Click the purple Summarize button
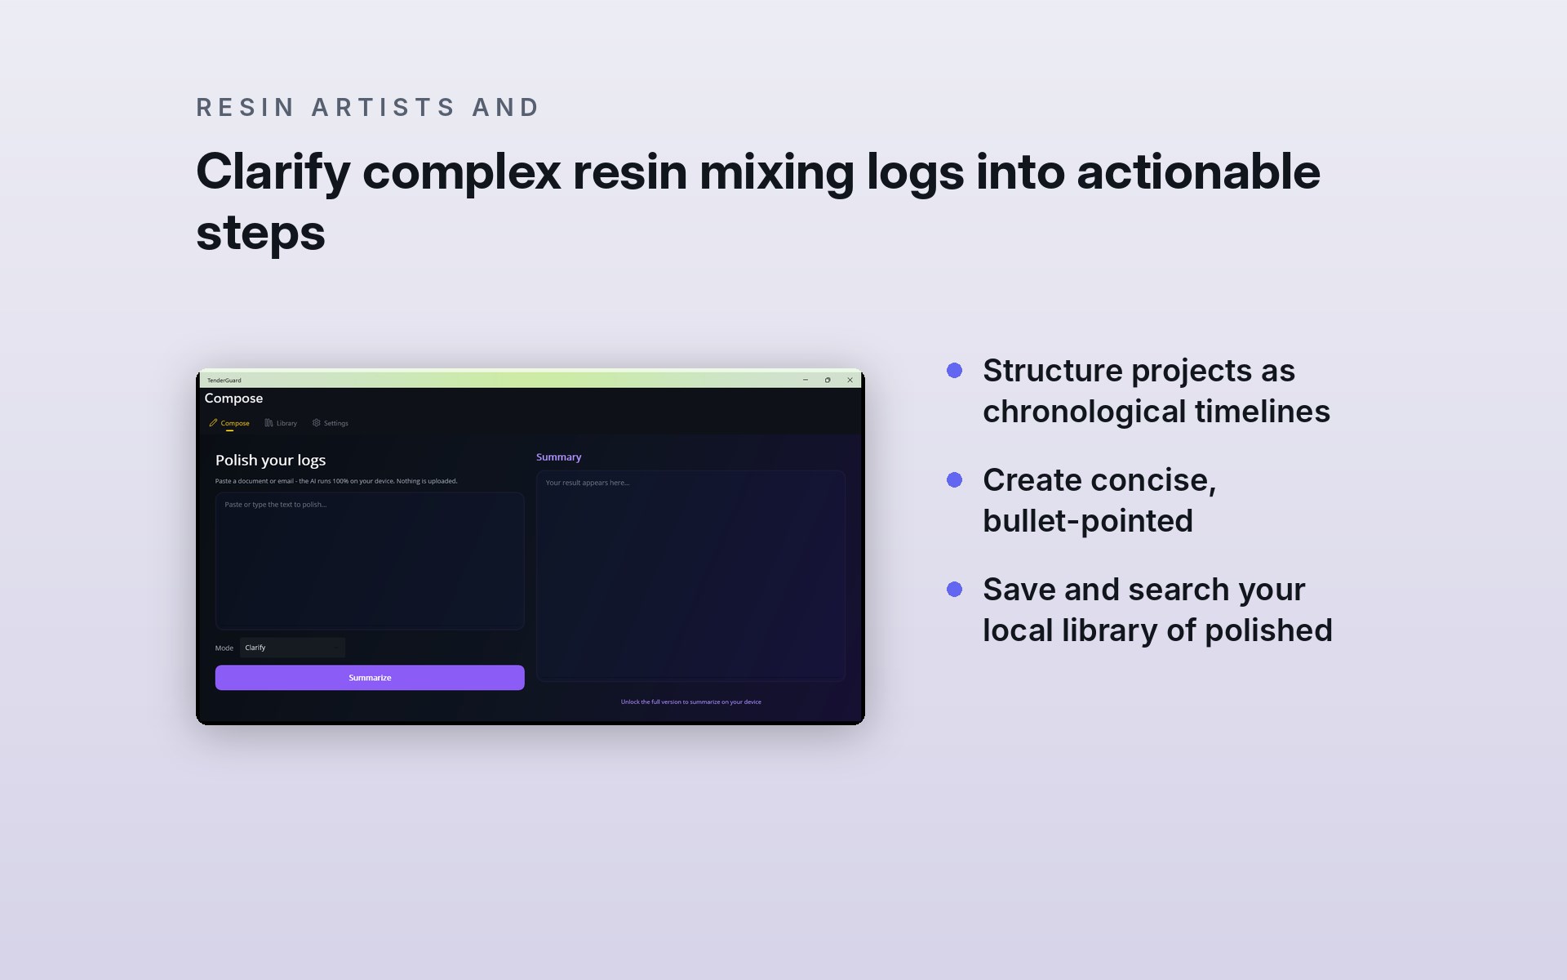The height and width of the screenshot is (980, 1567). [x=370, y=678]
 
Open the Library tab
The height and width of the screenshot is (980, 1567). [x=281, y=423]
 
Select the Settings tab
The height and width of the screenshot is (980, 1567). [x=331, y=423]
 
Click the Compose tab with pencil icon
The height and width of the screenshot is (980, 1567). [x=229, y=423]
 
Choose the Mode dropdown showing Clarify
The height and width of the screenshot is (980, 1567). [x=292, y=648]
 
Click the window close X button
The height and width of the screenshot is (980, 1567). [x=850, y=380]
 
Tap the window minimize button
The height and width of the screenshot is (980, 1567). [x=806, y=380]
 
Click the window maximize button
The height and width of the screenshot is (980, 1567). [x=828, y=380]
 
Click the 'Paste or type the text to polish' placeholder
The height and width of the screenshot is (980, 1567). [x=276, y=505]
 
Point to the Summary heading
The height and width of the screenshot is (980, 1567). [x=559, y=457]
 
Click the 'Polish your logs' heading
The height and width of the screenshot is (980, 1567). [x=271, y=461]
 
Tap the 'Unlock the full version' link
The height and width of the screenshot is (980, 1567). [x=691, y=702]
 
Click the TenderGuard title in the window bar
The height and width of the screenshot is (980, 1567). [x=224, y=381]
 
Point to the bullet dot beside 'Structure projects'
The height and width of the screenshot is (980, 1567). [x=954, y=371]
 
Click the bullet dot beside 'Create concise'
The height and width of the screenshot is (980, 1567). [x=954, y=480]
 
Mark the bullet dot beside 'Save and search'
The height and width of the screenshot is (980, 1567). [x=954, y=590]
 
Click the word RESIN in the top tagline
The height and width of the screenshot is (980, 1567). [x=246, y=107]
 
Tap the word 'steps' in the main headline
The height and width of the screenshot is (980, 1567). [x=261, y=233]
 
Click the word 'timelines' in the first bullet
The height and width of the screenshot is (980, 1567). [x=1263, y=412]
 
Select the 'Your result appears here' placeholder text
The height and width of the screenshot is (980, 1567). [x=588, y=483]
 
